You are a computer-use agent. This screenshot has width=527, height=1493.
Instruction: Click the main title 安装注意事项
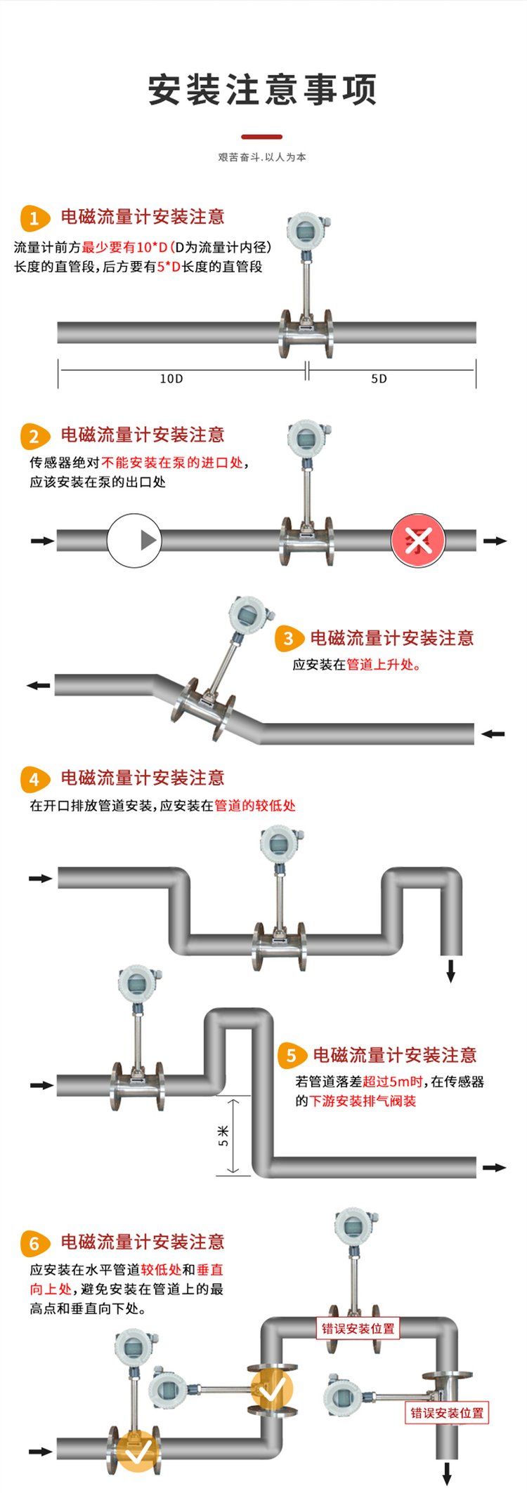[x=262, y=90]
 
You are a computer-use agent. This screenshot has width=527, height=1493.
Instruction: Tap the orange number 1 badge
[x=34, y=218]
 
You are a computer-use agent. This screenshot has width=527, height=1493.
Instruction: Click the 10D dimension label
[x=171, y=378]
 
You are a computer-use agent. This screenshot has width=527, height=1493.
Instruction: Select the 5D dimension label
[x=379, y=378]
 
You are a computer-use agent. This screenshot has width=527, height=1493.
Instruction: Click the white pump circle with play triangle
[x=134, y=540]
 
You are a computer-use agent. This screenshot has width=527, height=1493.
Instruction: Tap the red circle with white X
[x=418, y=540]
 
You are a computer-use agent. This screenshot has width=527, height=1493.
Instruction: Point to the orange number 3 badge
[x=288, y=639]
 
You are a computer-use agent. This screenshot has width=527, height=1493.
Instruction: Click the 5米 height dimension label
[x=223, y=1136]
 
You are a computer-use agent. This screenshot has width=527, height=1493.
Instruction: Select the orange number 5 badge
[x=291, y=1056]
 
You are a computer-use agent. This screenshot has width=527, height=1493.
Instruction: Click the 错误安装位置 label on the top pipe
[x=358, y=1328]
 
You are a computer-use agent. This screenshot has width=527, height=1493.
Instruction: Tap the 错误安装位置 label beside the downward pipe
[x=447, y=1412]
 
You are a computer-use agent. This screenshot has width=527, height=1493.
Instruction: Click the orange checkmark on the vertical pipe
[x=273, y=1388]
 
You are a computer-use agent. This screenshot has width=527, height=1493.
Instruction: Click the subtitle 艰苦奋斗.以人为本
[x=262, y=157]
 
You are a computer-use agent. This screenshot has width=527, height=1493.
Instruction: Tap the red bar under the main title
[x=262, y=137]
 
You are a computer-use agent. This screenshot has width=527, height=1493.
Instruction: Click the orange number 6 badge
[x=34, y=1243]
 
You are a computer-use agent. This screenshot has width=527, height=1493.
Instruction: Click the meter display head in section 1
[x=306, y=231]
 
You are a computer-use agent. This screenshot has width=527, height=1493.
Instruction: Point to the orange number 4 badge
[x=34, y=779]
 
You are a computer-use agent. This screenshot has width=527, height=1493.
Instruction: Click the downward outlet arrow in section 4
[x=451, y=971]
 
